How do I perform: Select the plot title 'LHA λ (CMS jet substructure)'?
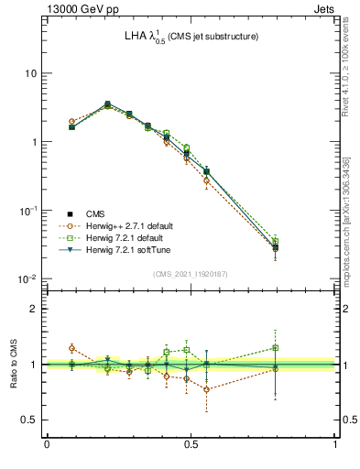click(191, 37)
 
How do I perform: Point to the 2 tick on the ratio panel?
click(35, 309)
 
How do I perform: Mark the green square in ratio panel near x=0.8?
click(276, 347)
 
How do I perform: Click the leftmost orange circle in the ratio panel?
click(72, 348)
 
